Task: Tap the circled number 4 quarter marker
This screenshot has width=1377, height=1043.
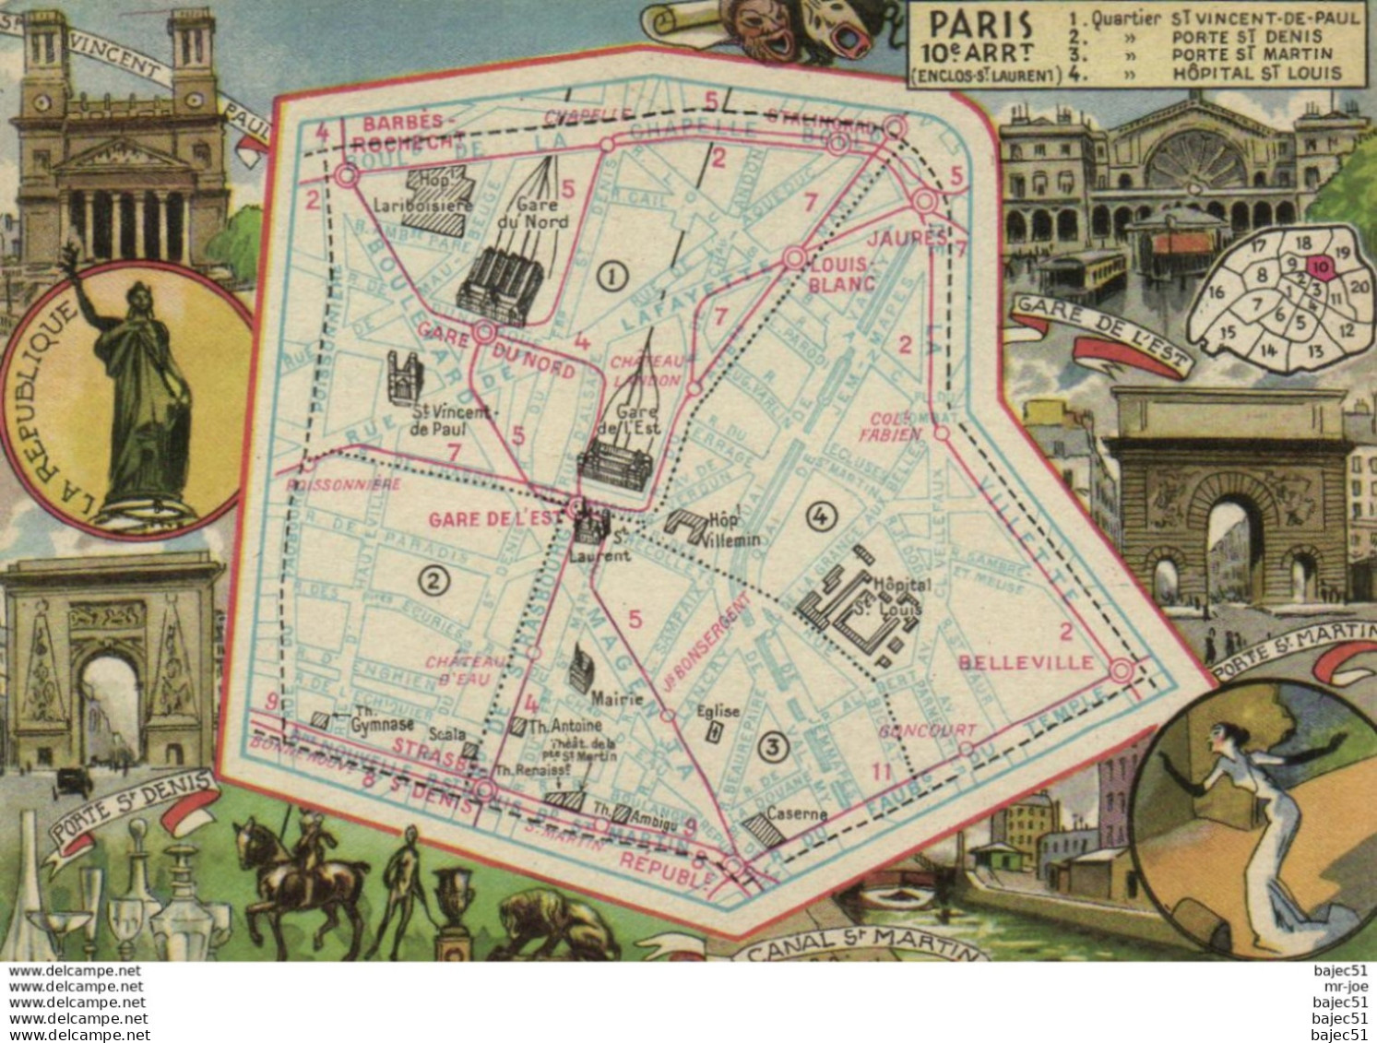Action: click(x=820, y=517)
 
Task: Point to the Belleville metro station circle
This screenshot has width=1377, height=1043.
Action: click(x=1121, y=671)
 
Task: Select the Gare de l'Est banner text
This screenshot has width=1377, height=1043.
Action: click(x=1098, y=333)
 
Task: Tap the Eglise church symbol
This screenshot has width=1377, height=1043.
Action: click(x=712, y=732)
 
